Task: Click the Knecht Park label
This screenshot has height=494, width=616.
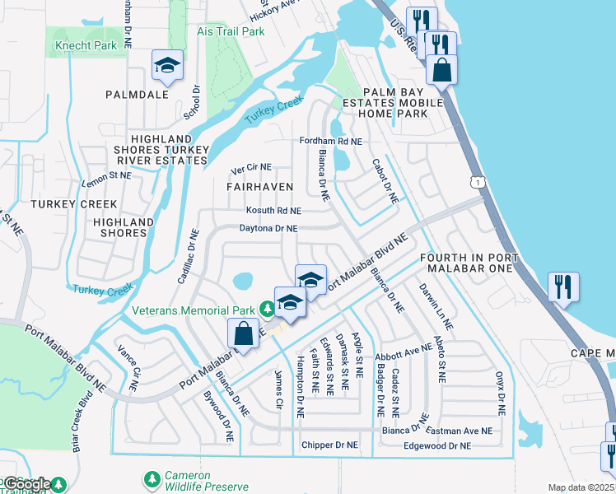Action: tap(86, 46)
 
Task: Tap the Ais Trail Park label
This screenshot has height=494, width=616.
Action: tap(231, 31)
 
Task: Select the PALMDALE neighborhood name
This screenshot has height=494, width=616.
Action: tap(137, 95)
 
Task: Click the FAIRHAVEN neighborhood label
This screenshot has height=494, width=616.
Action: tap(259, 187)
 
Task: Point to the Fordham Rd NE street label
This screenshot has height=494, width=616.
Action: tap(331, 142)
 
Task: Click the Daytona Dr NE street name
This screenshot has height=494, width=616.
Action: tap(268, 228)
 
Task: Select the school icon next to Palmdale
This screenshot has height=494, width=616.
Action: tap(167, 66)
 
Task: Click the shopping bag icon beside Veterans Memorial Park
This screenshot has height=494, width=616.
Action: tap(244, 334)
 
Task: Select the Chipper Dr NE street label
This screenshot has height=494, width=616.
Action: tap(329, 445)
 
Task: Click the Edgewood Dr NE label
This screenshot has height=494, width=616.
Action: tap(437, 445)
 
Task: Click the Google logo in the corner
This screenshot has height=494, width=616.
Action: tap(27, 484)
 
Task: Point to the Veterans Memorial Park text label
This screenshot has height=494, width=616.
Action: tap(194, 310)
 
